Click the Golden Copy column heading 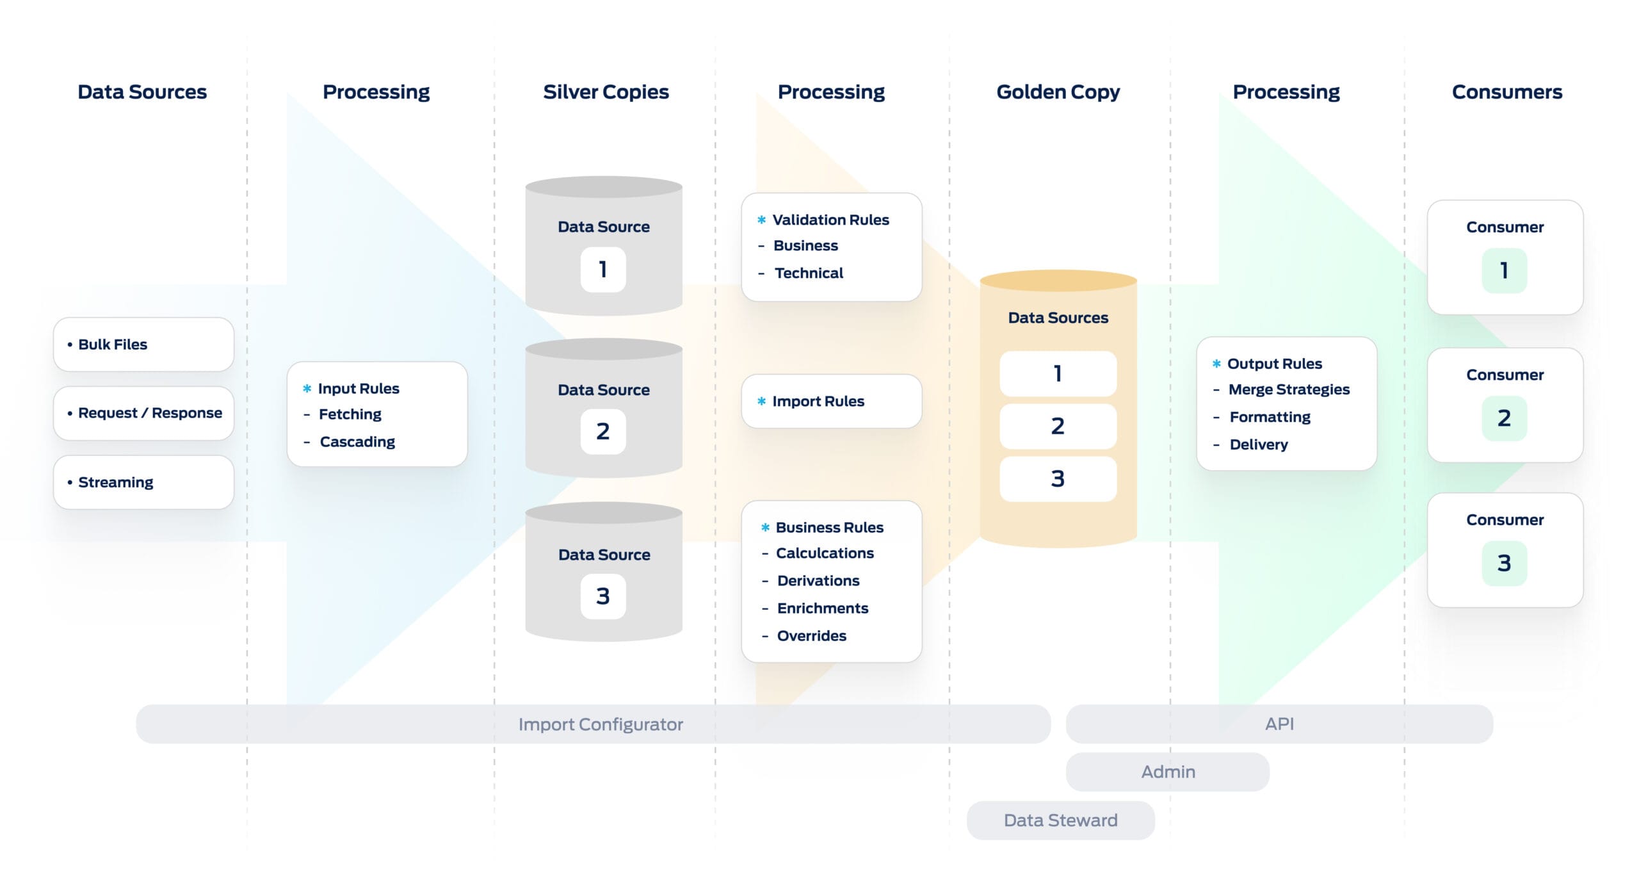click(1058, 92)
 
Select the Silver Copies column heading click(606, 92)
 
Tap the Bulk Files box click(143, 345)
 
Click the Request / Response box click(143, 413)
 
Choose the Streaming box click(143, 482)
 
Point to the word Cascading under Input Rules click(357, 442)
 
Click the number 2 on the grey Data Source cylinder click(603, 432)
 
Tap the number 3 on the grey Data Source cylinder click(603, 596)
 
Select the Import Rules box click(831, 402)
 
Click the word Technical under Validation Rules click(809, 273)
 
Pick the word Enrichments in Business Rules click(823, 608)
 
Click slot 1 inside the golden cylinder click(1058, 373)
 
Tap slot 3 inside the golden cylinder click(1058, 478)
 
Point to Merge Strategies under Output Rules click(1289, 389)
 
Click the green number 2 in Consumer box click(1504, 418)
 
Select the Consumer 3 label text click(1505, 520)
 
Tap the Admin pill click(1167, 772)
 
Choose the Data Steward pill click(1060, 820)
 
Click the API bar click(1279, 724)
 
